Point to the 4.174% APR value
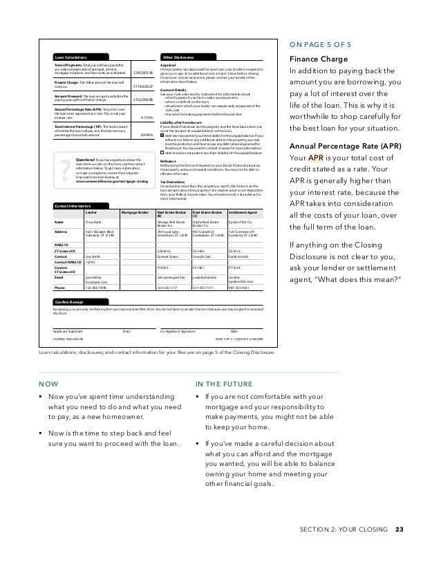[146, 117]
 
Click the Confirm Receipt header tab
[70, 301]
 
